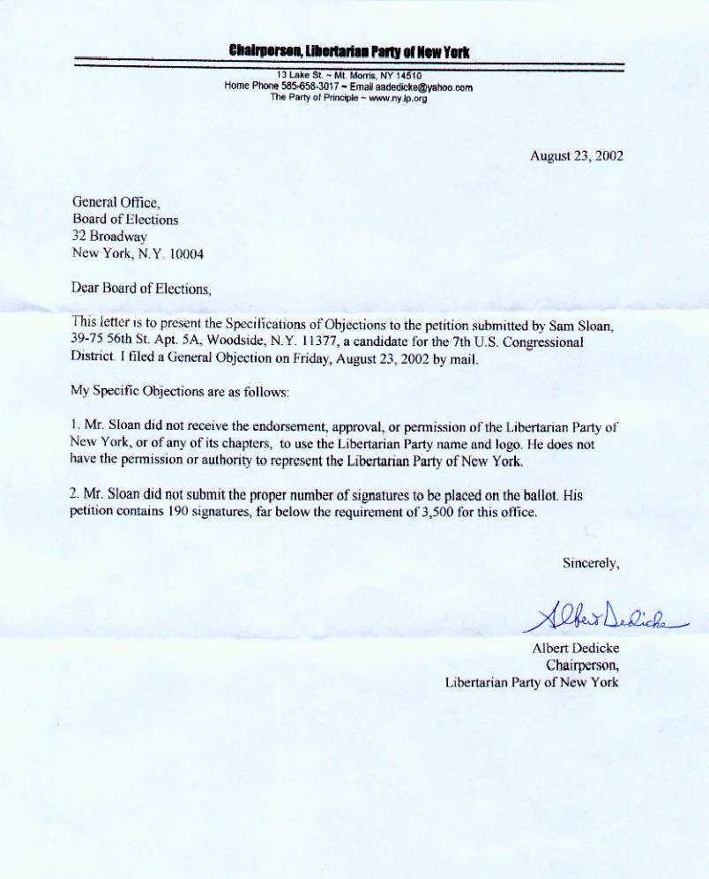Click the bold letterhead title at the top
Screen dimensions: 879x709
pos(349,52)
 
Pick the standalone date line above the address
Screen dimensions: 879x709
pos(577,155)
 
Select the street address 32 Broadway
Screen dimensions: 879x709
pos(109,236)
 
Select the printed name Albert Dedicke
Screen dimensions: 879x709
pos(576,649)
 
